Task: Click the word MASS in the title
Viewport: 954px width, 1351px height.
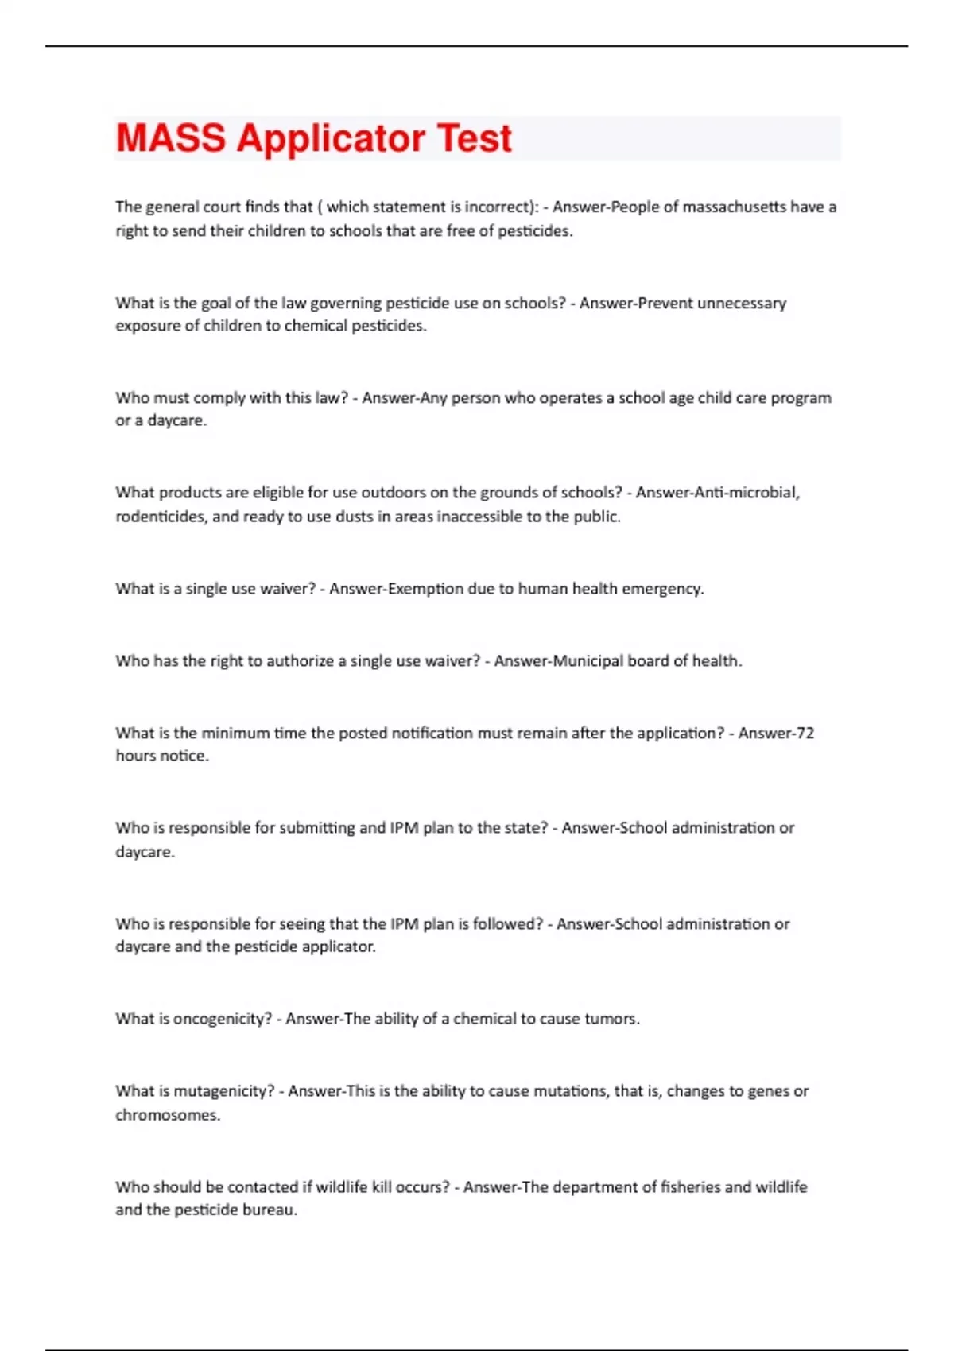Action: [x=170, y=138]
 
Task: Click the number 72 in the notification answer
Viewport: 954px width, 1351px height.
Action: [x=805, y=733]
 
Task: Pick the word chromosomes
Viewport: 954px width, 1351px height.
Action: [x=167, y=1115]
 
